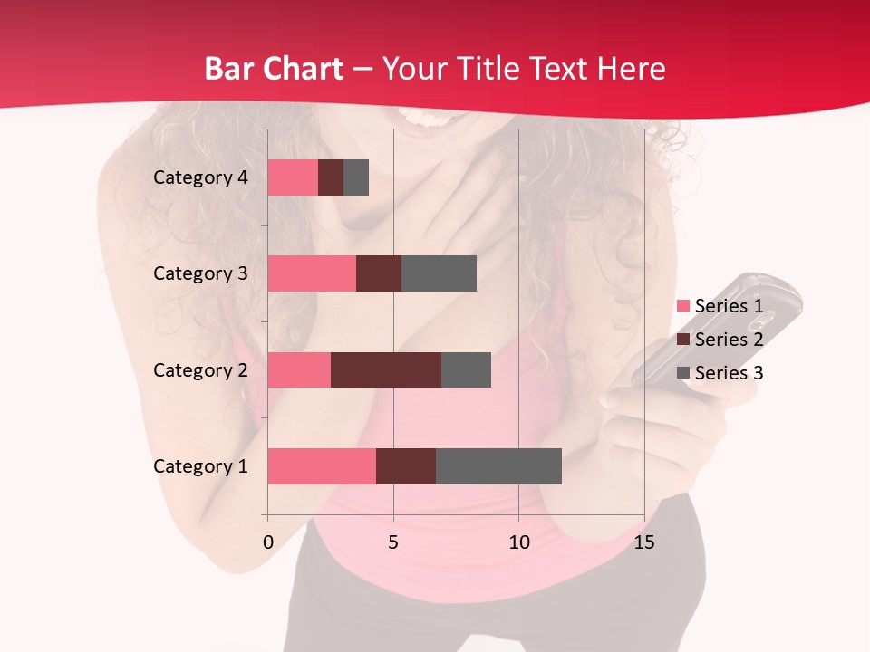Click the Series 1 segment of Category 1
[322, 466]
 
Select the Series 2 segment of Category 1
[406, 466]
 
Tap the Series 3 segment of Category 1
[498, 466]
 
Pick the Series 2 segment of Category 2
[386, 370]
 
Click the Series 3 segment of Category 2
[466, 370]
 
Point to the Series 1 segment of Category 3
[312, 273]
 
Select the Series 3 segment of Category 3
[439, 273]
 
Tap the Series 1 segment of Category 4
[293, 177]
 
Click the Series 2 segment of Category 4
[331, 177]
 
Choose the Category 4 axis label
[200, 177]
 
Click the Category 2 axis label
[200, 370]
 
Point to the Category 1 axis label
[200, 466]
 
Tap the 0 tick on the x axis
[268, 542]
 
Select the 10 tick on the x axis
[518, 542]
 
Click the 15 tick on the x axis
[644, 542]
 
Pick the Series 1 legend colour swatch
[682, 306]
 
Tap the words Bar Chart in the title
[274, 69]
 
